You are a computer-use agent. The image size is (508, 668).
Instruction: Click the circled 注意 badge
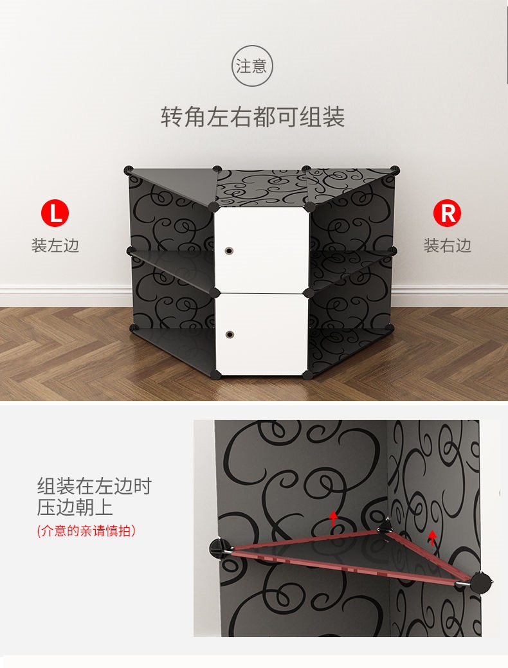click(252, 66)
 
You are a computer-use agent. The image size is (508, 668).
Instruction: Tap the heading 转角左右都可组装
click(253, 116)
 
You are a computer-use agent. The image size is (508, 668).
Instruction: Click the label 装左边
click(55, 246)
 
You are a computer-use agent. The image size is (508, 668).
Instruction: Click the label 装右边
click(447, 246)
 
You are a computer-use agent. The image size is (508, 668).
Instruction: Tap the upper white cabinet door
click(262, 249)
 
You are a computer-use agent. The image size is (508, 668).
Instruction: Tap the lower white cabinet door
click(262, 334)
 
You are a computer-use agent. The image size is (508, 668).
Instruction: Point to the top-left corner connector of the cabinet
click(128, 171)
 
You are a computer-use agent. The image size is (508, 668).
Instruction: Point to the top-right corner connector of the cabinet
click(395, 170)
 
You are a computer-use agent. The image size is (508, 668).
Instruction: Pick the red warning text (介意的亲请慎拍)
click(87, 531)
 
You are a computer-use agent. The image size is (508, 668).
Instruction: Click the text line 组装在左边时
click(94, 485)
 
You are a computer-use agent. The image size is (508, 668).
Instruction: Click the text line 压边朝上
click(75, 507)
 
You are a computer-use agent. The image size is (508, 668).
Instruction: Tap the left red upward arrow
click(333, 519)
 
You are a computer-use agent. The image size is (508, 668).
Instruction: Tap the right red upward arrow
click(432, 537)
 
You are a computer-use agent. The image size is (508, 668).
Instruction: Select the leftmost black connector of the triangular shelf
click(219, 548)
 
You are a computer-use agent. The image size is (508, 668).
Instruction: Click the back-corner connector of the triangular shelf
click(386, 527)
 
